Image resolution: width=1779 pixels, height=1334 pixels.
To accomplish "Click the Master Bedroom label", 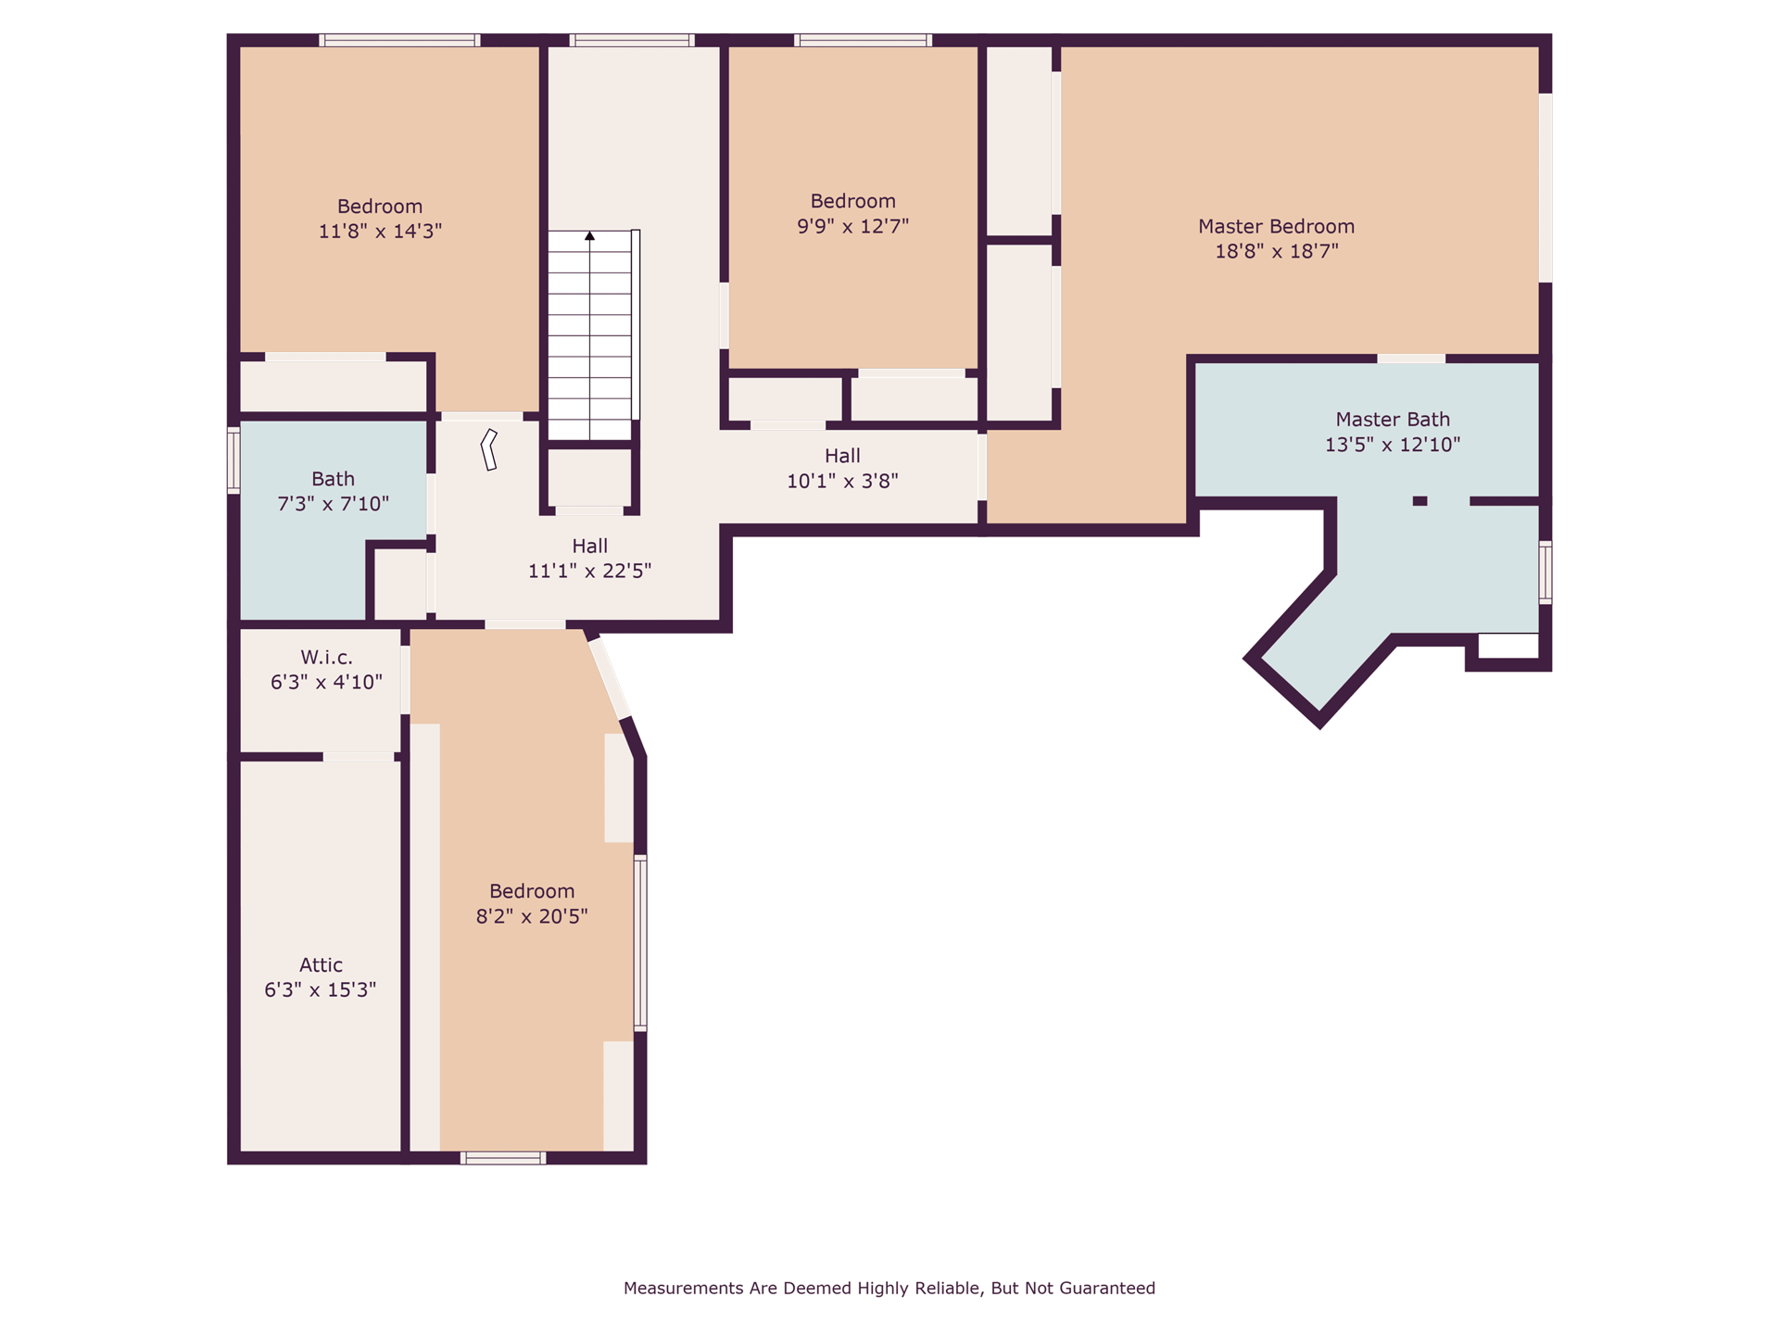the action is click(x=1276, y=226).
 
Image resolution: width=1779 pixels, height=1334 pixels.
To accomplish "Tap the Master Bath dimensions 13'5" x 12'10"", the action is click(x=1392, y=445).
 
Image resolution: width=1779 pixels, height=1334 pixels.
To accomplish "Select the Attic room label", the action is click(x=321, y=964).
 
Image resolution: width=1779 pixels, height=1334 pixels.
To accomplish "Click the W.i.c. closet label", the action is click(x=326, y=657).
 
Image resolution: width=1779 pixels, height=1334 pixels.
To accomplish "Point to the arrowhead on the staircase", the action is click(x=589, y=236).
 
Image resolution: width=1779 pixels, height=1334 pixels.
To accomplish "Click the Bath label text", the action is click(x=333, y=479).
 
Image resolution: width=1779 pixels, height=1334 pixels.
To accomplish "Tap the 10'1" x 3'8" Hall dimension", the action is click(x=842, y=481).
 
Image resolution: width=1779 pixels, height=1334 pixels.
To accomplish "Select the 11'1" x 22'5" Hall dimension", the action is click(x=589, y=571).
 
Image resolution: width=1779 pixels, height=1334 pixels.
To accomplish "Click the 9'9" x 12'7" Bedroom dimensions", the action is click(x=852, y=226).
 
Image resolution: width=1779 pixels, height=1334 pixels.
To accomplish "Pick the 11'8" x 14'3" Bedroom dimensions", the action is click(x=380, y=231).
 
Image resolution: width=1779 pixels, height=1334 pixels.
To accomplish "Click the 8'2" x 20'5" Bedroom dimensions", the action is click(x=532, y=916).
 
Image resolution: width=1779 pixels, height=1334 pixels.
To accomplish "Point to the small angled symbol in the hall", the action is click(x=489, y=449).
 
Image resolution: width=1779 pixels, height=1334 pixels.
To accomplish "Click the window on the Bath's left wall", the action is click(x=233, y=459).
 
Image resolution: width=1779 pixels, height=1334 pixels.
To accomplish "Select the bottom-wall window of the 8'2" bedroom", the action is click(x=503, y=1158).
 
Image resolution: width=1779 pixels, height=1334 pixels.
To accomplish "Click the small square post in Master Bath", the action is click(x=1419, y=501).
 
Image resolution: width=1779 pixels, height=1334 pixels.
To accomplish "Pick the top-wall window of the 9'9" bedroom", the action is click(x=863, y=40).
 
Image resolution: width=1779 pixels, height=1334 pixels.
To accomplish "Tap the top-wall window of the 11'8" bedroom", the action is click(x=399, y=40).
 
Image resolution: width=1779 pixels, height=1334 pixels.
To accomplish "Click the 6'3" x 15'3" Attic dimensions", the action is click(x=321, y=989).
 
